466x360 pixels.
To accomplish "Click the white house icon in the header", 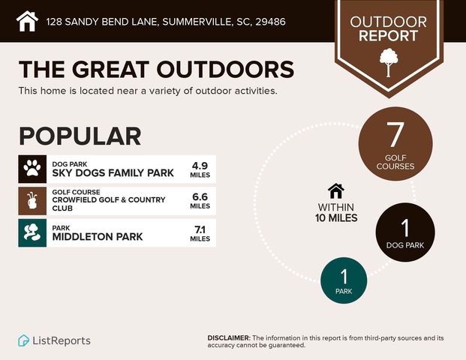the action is [x=27, y=21].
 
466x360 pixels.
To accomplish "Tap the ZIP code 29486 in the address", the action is [x=270, y=22].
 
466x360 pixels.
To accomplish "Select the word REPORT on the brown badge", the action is [x=388, y=36].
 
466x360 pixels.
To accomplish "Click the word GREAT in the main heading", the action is [x=110, y=70].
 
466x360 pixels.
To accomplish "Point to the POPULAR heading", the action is [x=80, y=136].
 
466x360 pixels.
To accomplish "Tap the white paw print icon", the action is [x=32, y=169].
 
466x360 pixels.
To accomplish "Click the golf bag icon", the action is [x=32, y=200].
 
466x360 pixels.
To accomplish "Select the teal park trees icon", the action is [x=32, y=232].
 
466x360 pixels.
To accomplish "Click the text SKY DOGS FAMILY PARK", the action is [x=113, y=172].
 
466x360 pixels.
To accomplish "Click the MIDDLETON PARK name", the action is [x=98, y=237].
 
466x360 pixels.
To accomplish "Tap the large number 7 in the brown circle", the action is [x=395, y=135].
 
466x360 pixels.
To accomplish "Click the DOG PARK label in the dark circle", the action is [x=405, y=245].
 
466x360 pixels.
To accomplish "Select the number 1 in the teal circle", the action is [x=344, y=277].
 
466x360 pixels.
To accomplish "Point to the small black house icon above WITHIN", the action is [x=336, y=191].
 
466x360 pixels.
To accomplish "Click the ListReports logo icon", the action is [x=23, y=340].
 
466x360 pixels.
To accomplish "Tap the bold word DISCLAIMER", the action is [x=229, y=338].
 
